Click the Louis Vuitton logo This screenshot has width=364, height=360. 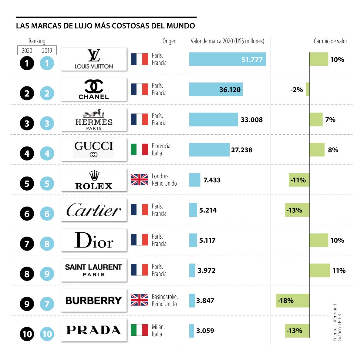tap(94, 59)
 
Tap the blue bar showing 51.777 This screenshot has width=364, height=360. tap(227, 59)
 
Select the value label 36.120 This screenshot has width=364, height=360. tap(230, 90)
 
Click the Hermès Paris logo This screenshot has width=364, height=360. tap(94, 119)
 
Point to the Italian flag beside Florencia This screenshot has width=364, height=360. tap(139, 150)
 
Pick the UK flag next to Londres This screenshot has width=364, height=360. tap(139, 180)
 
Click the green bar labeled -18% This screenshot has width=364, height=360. tap(292, 301)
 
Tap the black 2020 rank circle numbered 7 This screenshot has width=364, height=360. tap(27, 244)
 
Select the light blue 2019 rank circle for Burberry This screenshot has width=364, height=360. tap(47, 304)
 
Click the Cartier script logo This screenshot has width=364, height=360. tap(94, 210)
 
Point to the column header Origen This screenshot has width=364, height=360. tap(169, 41)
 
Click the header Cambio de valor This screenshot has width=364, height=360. tap(330, 41)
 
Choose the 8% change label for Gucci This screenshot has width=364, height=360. tap(333, 150)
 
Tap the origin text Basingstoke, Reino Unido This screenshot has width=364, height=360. tap(164, 300)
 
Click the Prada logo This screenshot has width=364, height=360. tap(94, 330)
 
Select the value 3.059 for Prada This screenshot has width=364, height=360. tap(205, 331)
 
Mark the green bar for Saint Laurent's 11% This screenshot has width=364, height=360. tap(320, 270)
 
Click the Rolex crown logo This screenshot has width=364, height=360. tap(94, 180)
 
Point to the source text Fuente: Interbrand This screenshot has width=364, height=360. tap(335, 322)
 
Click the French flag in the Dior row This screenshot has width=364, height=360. tap(139, 240)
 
